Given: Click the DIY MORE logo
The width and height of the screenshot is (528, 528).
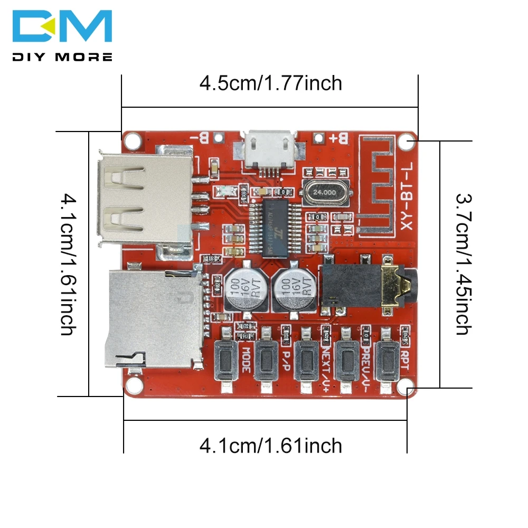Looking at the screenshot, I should [x=62, y=35].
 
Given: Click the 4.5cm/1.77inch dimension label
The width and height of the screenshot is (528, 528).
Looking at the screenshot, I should [x=270, y=83].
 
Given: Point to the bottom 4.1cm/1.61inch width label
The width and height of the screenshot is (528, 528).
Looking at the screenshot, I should [x=270, y=446].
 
